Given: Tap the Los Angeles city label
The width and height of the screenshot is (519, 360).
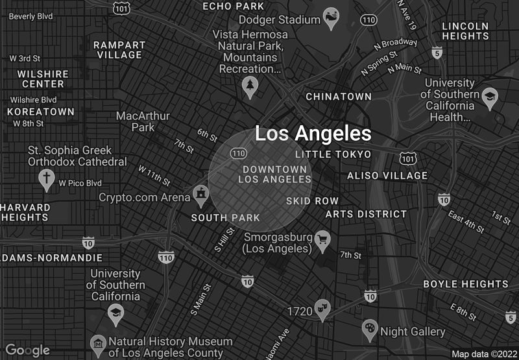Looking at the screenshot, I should point(313,134).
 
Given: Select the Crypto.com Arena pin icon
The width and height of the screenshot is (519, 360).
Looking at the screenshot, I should point(200,194).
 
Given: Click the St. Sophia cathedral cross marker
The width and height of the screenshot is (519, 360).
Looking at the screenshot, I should point(46,178).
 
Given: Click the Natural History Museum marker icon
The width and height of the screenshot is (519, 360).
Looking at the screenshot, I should point(97,343).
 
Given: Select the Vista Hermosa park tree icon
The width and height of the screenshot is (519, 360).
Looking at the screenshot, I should point(250,85).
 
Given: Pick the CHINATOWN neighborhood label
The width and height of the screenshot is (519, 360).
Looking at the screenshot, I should point(339,97).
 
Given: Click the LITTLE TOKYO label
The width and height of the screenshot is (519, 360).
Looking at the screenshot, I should point(333,154).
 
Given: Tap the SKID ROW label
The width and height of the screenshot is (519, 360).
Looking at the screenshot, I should point(312,201).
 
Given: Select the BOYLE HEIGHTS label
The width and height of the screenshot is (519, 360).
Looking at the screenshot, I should point(466,284).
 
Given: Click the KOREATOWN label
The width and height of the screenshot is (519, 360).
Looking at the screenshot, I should point(40,112).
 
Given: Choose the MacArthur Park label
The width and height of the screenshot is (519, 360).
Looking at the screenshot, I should point(143,121).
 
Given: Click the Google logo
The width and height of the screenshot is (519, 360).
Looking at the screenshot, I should point(28,350).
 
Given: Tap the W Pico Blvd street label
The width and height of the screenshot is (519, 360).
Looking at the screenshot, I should point(80,183).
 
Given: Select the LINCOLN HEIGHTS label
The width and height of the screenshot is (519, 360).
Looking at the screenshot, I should point(465,30).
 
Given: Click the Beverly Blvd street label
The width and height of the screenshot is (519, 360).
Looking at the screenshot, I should point(30,16).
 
